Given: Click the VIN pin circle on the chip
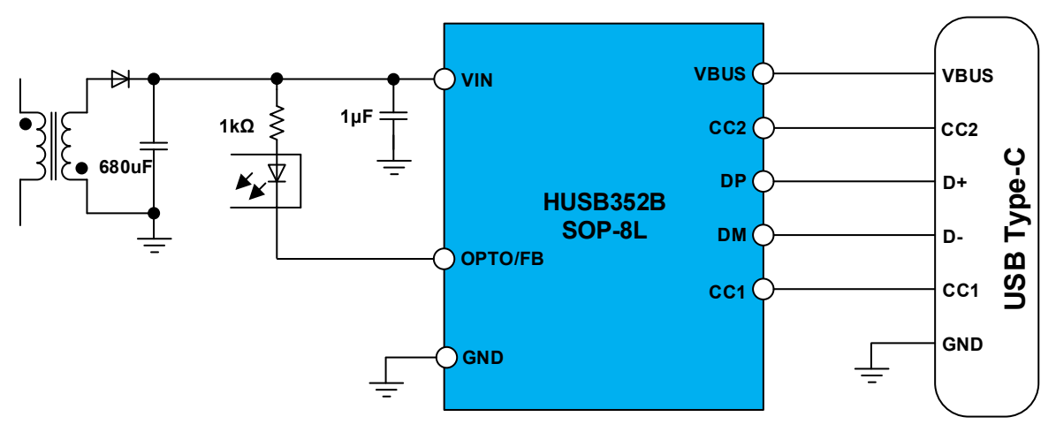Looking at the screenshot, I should click(444, 80).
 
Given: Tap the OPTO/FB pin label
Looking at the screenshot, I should click(503, 259).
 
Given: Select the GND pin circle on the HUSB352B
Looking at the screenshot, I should click(444, 357).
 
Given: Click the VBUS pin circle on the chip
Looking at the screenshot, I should click(762, 74).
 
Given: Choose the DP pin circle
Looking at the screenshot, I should click(762, 182).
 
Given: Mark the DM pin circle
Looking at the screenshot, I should click(762, 236).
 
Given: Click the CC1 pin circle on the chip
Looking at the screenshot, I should click(762, 289).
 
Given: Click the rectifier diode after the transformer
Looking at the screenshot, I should click(120, 80).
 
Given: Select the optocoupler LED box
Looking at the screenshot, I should click(265, 180).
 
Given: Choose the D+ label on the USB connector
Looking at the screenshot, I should click(955, 184).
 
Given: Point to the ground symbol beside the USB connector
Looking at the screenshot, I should click(873, 373).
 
